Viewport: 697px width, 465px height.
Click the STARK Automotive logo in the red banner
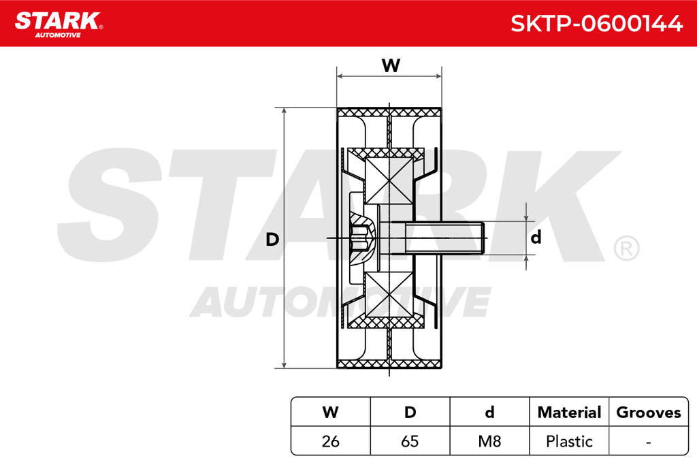tap(59, 25)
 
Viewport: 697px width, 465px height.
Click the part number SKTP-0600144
tap(596, 23)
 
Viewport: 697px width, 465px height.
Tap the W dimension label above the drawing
tap(391, 65)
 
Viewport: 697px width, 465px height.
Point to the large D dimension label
tap(272, 239)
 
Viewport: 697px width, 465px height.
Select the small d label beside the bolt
tap(536, 237)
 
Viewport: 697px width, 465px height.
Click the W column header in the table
tap(330, 412)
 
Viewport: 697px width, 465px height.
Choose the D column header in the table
tap(410, 412)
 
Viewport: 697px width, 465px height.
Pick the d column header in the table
tap(489, 412)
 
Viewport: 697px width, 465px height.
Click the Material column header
tap(569, 412)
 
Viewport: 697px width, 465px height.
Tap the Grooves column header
tap(649, 412)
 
